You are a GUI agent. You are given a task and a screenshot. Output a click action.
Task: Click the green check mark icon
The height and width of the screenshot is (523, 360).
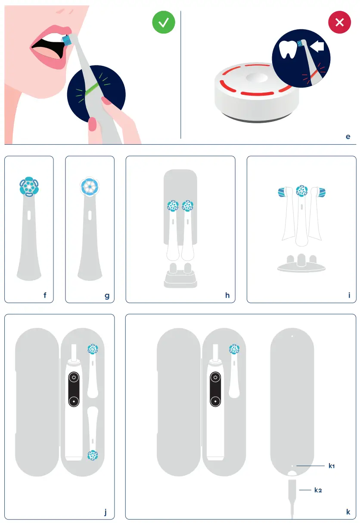[163, 23]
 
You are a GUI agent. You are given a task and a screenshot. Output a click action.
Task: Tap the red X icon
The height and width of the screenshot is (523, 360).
[339, 23]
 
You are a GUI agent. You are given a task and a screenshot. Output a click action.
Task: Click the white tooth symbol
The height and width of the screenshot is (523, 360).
[289, 50]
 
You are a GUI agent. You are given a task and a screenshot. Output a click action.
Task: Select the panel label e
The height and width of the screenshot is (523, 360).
[348, 137]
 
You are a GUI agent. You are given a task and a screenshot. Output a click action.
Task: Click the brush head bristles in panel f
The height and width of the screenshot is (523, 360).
[29, 187]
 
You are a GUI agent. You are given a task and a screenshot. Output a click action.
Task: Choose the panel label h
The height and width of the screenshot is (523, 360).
[227, 296]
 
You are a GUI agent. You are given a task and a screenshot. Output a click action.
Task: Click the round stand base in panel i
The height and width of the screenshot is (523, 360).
[301, 266]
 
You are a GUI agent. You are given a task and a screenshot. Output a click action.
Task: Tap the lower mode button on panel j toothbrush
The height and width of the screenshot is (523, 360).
[74, 400]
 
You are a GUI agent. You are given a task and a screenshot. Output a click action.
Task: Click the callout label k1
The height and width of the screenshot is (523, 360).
[332, 466]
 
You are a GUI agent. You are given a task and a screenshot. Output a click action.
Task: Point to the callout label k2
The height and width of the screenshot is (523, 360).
[318, 490]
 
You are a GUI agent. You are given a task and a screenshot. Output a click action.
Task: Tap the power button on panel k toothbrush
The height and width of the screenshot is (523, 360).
[215, 377]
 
